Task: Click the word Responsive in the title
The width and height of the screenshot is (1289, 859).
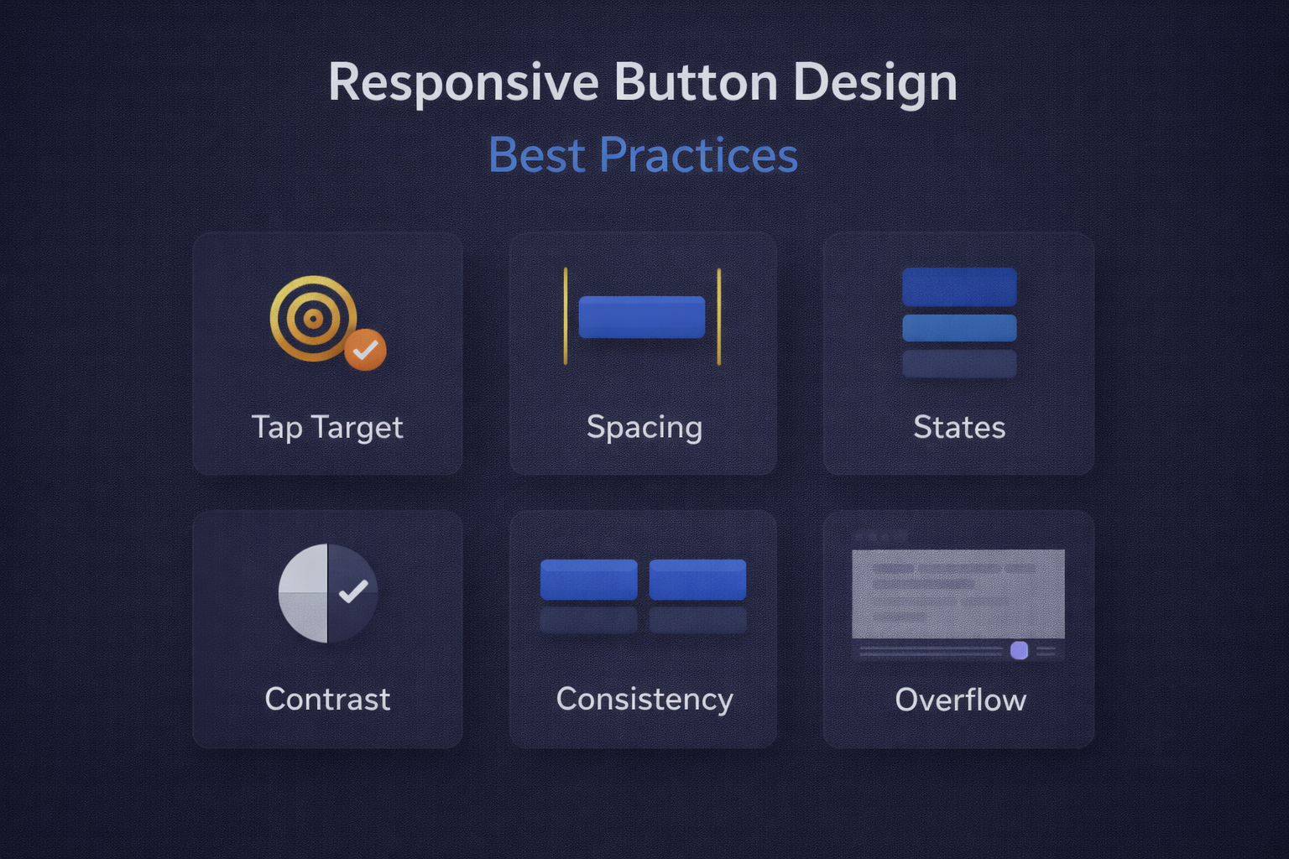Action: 463,83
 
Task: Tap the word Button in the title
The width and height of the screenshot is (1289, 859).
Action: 696,83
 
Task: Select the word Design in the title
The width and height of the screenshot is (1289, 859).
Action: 874,83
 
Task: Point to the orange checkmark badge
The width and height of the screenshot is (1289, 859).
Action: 365,350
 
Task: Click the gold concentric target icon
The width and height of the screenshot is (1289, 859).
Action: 313,319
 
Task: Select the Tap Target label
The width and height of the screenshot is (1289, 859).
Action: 327,428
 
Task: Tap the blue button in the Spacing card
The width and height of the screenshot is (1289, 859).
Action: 642,317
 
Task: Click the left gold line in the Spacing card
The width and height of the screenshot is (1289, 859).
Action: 566,316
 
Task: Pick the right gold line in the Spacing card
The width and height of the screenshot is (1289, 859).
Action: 719,316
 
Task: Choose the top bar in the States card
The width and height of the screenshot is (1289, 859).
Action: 959,287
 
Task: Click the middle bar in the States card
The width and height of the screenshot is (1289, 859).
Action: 959,328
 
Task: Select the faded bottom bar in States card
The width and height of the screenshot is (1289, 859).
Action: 959,363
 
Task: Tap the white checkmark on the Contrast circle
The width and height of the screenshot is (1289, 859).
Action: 353,591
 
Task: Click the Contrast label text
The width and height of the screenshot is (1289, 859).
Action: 327,700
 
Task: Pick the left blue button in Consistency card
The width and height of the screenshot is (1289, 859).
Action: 588,580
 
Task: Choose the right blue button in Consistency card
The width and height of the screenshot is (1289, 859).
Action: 697,580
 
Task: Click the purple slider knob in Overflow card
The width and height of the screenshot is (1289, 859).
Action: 1020,651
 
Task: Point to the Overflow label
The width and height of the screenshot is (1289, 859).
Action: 960,700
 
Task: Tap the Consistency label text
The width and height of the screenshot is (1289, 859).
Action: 644,700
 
